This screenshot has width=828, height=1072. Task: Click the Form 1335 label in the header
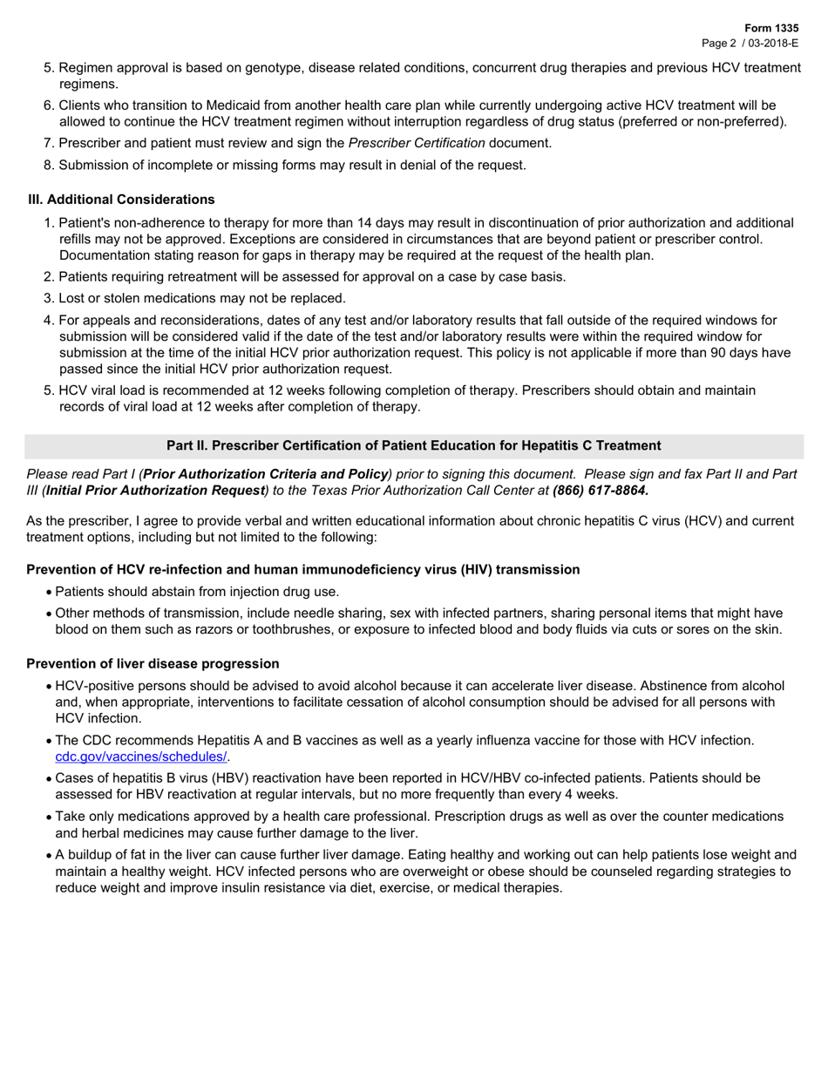click(770, 29)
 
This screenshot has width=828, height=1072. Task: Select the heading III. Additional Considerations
click(121, 200)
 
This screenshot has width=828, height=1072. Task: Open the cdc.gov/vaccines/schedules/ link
click(141, 757)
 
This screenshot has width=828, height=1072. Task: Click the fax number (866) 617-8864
click(601, 491)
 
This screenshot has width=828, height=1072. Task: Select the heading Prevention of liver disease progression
click(153, 663)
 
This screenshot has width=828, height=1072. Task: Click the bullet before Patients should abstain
click(49, 592)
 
